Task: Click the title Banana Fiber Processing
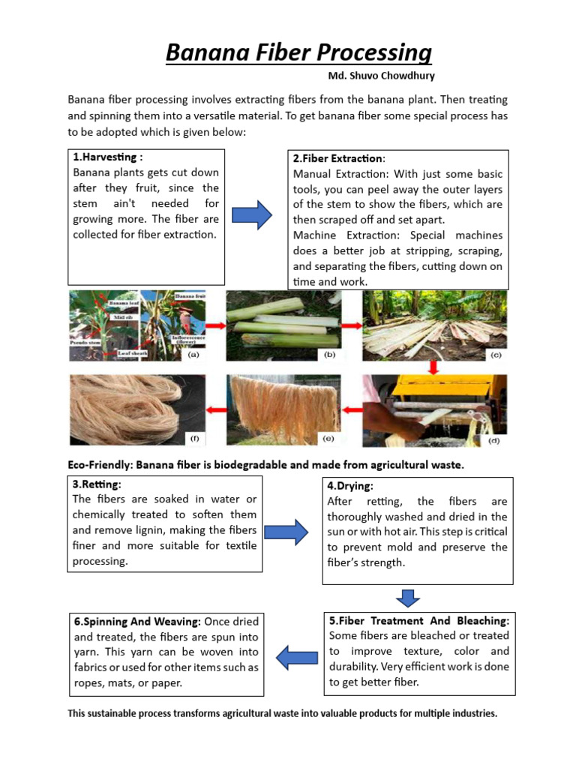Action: pos(298,53)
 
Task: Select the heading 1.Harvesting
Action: pos(107,157)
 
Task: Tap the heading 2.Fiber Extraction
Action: pos(338,158)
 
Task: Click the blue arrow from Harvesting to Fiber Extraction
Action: pos(251,215)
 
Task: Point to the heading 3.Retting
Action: pos(97,484)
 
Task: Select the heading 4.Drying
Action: pos(349,486)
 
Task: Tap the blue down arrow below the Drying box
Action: pos(408,598)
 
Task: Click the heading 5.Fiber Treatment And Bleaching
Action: pos(419,621)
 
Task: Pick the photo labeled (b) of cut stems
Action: pos(283,326)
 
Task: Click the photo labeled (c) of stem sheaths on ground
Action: pos(434,326)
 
